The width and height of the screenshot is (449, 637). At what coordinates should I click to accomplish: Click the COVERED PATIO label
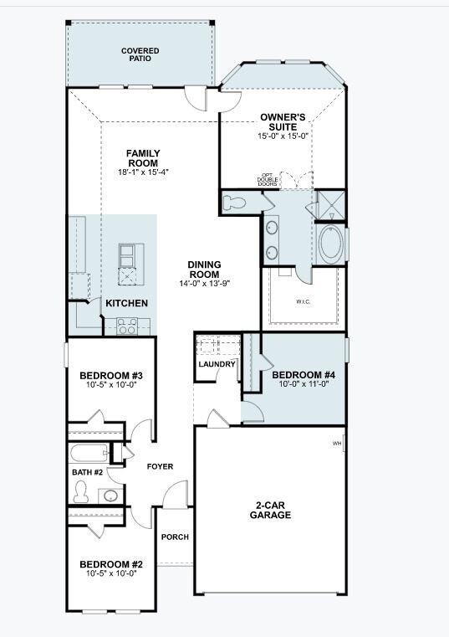click(x=140, y=55)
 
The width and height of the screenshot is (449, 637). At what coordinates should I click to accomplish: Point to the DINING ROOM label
click(x=204, y=270)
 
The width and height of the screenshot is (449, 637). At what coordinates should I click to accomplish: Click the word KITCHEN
click(x=127, y=303)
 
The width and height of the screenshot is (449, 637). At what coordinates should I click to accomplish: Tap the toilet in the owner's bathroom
click(x=237, y=202)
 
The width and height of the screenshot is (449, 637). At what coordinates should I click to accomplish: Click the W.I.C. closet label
click(x=304, y=301)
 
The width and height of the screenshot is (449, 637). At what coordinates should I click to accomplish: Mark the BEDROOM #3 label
click(x=111, y=375)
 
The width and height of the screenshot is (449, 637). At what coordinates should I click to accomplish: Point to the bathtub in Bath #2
click(x=91, y=454)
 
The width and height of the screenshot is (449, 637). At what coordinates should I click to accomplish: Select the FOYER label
click(x=160, y=466)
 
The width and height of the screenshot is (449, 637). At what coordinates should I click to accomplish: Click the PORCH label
click(x=175, y=537)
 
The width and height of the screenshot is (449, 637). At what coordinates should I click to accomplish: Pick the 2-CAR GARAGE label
click(x=270, y=510)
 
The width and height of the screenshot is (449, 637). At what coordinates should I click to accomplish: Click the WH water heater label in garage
click(x=337, y=443)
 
